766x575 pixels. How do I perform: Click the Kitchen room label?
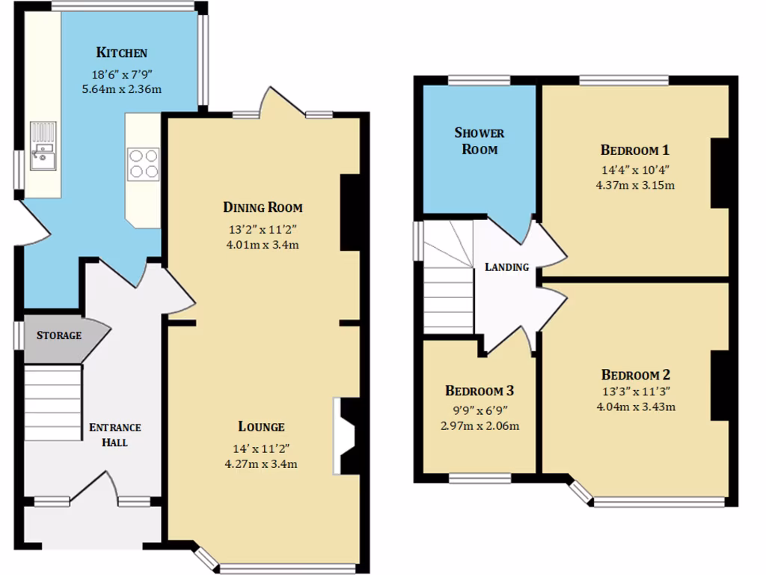coord(121,53)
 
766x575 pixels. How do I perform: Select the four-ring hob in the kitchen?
coord(144,164)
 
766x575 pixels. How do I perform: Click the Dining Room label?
coord(263,207)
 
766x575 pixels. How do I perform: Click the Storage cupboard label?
coord(59,335)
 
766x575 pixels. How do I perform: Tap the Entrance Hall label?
coord(115,435)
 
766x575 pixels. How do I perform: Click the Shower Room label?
coord(479,141)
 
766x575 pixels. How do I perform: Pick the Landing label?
coord(506,267)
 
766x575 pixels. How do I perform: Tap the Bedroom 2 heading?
coord(635,375)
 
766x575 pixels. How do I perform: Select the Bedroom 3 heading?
coord(479,391)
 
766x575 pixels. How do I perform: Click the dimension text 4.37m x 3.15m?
coord(635,185)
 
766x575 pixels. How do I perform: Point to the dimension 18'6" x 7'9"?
coord(121,75)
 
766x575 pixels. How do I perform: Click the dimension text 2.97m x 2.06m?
coord(479,426)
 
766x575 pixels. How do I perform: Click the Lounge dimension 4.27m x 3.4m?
coord(262,463)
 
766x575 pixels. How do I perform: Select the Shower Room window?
coord(479,80)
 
